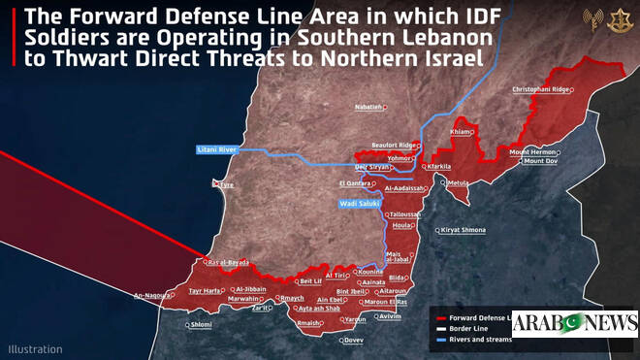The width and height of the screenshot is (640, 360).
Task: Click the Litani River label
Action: pos(215,149)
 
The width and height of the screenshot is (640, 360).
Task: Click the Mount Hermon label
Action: pos(533,151)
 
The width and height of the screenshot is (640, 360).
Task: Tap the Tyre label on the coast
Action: pos(227,184)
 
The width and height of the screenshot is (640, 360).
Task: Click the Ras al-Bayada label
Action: pos(228,262)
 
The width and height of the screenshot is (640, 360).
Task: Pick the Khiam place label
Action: pos(462,132)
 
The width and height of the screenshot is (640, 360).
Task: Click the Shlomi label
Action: pos(201,324)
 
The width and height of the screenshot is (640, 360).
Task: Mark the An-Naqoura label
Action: pos(152,295)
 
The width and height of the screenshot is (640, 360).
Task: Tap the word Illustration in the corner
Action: pos(35,348)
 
